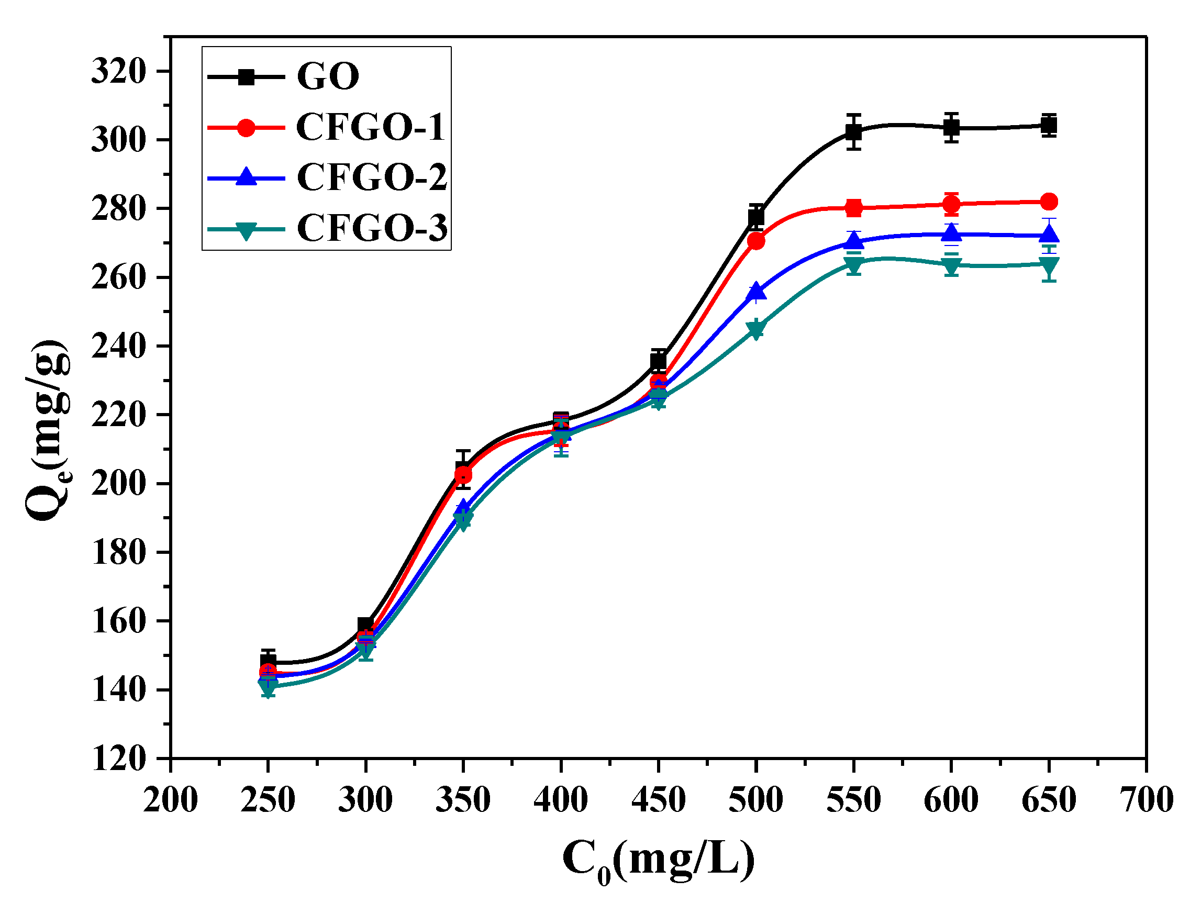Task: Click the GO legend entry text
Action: [328, 76]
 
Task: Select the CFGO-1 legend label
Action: [371, 127]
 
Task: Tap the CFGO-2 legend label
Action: [372, 177]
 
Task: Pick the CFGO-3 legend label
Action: [372, 228]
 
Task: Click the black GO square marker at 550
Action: [853, 132]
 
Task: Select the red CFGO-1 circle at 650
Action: [1049, 202]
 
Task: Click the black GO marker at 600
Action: [951, 128]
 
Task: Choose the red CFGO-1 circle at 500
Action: [756, 241]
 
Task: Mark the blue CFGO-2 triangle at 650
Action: [1049, 235]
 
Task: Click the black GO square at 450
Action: [659, 361]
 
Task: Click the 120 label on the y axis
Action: [118, 759]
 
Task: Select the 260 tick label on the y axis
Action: [118, 277]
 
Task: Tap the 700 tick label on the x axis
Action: [1146, 800]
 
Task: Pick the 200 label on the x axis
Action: [171, 800]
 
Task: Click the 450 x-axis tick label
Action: [659, 800]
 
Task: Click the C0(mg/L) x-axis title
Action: [659, 861]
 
